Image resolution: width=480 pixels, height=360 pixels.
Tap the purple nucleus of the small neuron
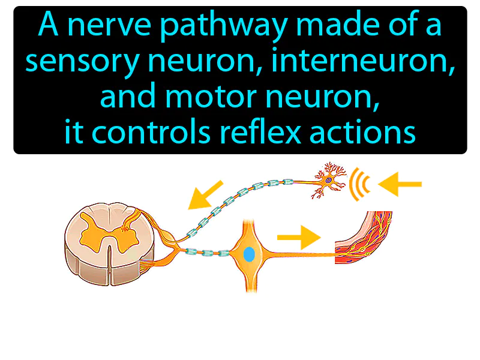329,178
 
